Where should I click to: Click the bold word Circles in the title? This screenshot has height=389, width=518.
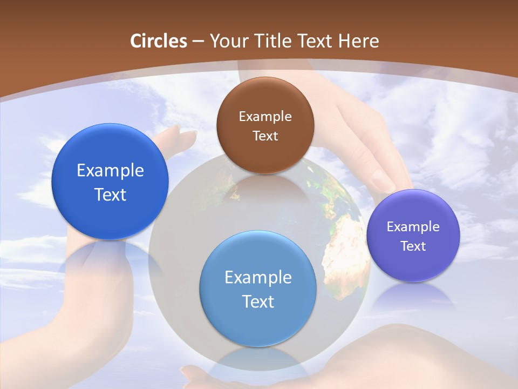(159, 41)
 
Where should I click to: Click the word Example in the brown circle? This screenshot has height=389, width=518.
(265, 117)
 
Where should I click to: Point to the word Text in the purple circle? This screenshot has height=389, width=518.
(413, 246)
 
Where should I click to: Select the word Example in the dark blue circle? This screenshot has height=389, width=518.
(110, 171)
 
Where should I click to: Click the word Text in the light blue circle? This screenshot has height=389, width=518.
(258, 301)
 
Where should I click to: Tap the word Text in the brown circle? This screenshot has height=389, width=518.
(265, 136)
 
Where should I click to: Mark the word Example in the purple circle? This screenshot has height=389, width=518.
(413, 227)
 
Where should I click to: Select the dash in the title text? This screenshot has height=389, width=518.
(198, 42)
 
